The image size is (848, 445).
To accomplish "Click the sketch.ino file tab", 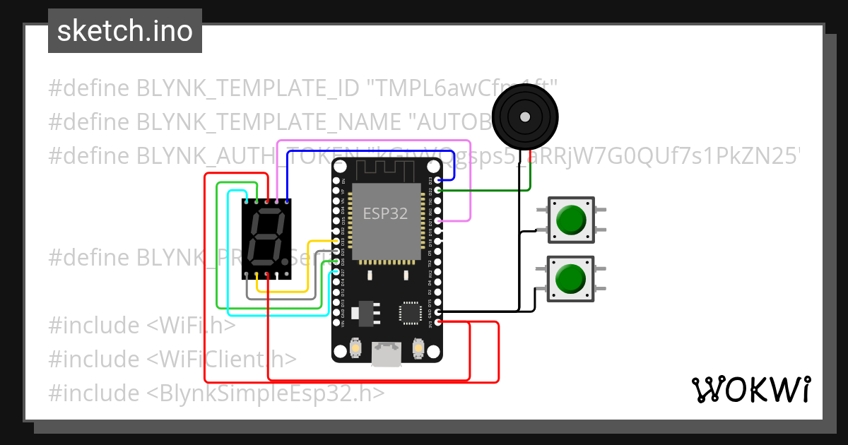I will click(x=124, y=31).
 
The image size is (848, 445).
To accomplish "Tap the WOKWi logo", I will click(x=750, y=389).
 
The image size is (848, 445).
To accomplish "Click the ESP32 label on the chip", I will click(x=385, y=213).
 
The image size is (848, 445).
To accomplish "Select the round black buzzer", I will click(x=524, y=116).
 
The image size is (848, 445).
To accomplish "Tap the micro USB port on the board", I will click(x=387, y=352).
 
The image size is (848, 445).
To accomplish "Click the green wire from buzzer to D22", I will click(x=488, y=190).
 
